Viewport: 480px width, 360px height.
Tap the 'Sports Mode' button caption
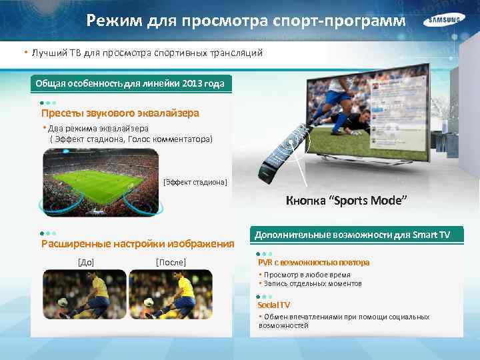[x=346, y=201]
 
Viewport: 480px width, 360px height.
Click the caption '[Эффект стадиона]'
[x=195, y=182]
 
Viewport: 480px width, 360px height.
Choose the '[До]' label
[x=86, y=262]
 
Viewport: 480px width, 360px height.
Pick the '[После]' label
[x=171, y=262]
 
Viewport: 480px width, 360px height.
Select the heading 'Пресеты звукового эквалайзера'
[x=120, y=113]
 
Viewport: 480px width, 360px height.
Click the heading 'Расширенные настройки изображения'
[x=138, y=243]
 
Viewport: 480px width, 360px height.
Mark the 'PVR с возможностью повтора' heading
[x=313, y=262]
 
